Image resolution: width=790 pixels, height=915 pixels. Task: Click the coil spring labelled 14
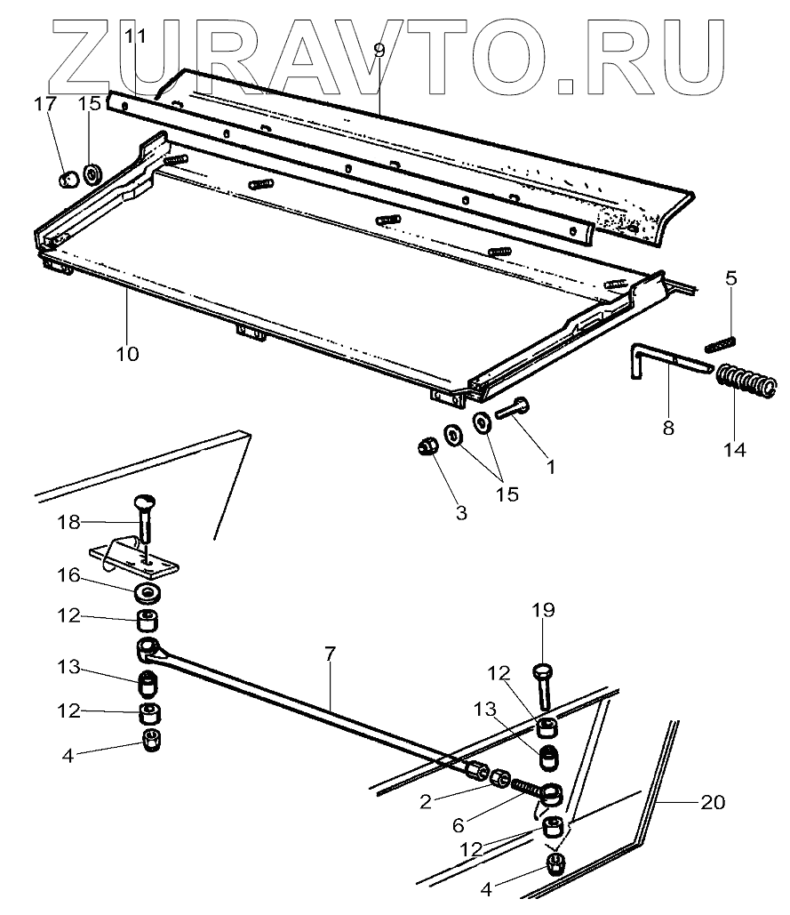(745, 381)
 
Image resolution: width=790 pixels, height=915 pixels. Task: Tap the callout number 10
(127, 353)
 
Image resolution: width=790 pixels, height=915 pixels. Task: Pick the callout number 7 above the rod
(330, 654)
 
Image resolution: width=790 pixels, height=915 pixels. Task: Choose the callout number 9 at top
(379, 50)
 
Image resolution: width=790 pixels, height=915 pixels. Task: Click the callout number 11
(135, 36)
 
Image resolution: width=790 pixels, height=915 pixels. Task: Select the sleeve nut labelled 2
(500, 779)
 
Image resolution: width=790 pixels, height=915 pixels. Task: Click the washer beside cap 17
(92, 172)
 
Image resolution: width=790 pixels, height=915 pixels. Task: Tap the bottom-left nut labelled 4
(151, 738)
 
